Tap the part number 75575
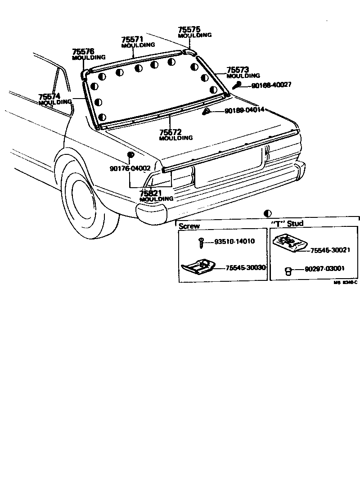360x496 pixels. pos(189,29)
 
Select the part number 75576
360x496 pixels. pos(83,51)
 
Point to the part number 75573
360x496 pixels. pos(238,70)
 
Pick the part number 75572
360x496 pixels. pos(170,132)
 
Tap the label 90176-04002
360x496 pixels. pos(130,168)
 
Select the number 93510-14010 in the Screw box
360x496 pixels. pos(234,241)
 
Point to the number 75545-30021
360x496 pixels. pos(330,250)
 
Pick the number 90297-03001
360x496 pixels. pos(324,269)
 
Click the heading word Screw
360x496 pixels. pos(189,226)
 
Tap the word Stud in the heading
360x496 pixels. pos(295,224)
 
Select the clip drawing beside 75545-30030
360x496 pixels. pos(198,267)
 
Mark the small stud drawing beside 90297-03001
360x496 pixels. pos(288,271)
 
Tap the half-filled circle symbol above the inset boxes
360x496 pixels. pos(268,213)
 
